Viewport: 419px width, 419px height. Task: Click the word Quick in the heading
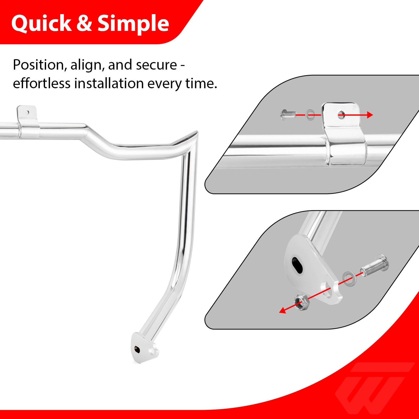(x=41, y=24)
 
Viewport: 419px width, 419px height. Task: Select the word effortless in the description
(x=41, y=84)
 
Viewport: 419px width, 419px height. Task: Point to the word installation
(x=109, y=84)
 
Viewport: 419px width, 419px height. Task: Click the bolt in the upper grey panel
(x=288, y=115)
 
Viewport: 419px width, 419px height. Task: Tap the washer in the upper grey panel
(x=310, y=115)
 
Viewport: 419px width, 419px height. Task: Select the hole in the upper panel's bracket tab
(x=341, y=114)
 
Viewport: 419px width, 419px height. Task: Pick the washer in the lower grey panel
(x=349, y=278)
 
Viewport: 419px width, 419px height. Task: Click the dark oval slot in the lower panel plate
(x=297, y=265)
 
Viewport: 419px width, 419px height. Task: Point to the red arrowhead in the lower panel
(x=283, y=311)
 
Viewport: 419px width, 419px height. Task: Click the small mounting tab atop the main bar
(x=27, y=113)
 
